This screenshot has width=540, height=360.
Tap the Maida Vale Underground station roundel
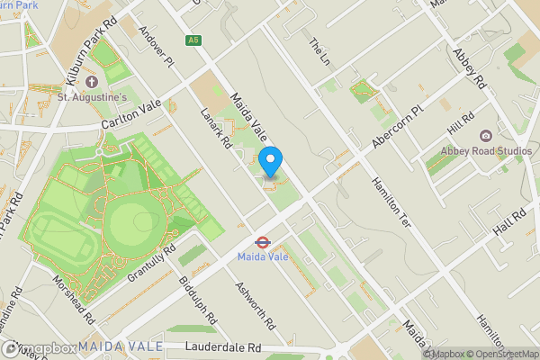[x=260, y=241]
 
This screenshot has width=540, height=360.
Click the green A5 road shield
[x=193, y=40]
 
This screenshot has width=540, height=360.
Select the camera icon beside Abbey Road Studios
[x=486, y=136]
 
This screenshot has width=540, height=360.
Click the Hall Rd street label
[x=508, y=222]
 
